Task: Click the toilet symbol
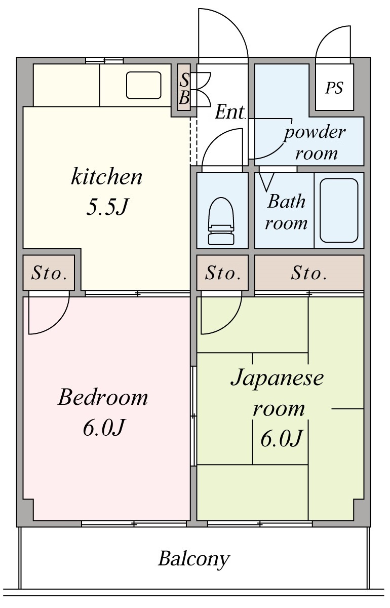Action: pyautogui.click(x=221, y=221)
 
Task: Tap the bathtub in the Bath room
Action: pyautogui.click(x=339, y=210)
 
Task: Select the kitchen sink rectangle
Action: pyautogui.click(x=143, y=85)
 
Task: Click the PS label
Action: pyautogui.click(x=334, y=88)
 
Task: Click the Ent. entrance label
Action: pyautogui.click(x=230, y=111)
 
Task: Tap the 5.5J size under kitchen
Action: pyautogui.click(x=107, y=207)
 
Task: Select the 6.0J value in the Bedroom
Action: pyautogui.click(x=103, y=428)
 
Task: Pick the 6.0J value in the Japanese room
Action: pyautogui.click(x=281, y=438)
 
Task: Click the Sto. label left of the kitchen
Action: pyautogui.click(x=49, y=273)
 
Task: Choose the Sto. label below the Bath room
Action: pyautogui.click(x=308, y=273)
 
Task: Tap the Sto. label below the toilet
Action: pyautogui.click(x=222, y=273)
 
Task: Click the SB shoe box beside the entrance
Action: pyautogui.click(x=184, y=87)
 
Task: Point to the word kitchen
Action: pyautogui.click(x=106, y=177)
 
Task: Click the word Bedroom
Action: pyautogui.click(x=103, y=397)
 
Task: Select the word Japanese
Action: pyautogui.click(x=277, y=378)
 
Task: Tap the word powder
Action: pyautogui.click(x=314, y=133)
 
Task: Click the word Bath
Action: pyautogui.click(x=286, y=201)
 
